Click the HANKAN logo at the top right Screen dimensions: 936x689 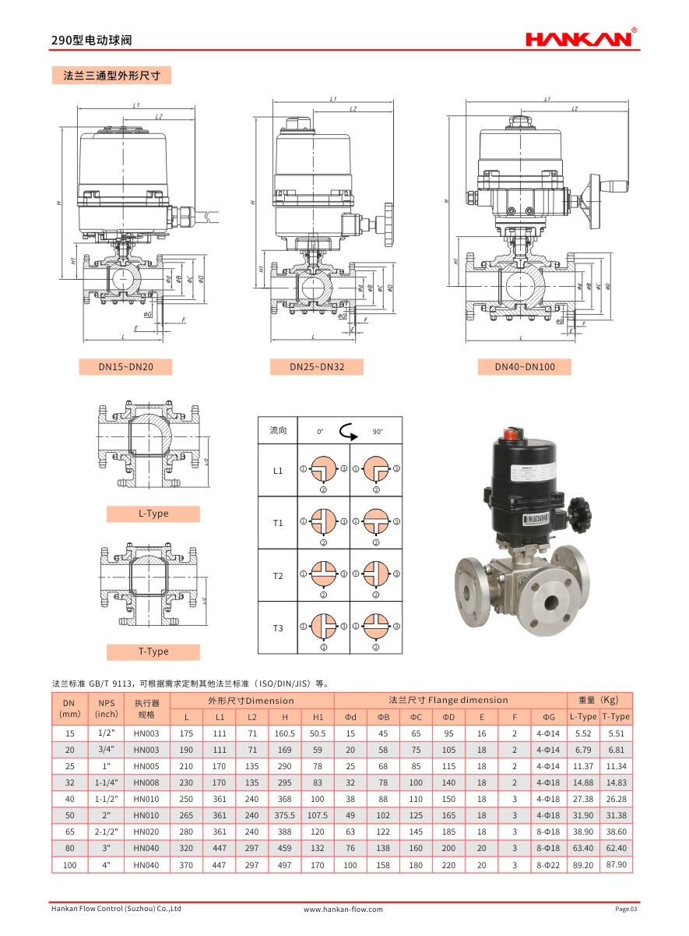[581, 37]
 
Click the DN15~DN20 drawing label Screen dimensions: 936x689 [125, 366]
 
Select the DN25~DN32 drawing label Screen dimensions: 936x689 [316, 366]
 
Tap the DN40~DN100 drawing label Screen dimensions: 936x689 [526, 366]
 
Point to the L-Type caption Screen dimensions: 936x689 [153, 514]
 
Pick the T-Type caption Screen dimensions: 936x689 [153, 652]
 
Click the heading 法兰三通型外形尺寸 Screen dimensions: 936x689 [111, 76]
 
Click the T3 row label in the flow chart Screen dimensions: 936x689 [278, 628]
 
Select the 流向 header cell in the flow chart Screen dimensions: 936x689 [278, 431]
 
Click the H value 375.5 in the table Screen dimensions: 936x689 [285, 815]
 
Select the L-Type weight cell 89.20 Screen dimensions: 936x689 [583, 865]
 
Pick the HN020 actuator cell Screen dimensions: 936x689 [146, 832]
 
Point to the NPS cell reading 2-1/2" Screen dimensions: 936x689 [106, 832]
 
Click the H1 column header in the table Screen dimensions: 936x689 [318, 717]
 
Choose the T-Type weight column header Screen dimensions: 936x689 [616, 717]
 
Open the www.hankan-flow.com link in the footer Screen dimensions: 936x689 [343, 909]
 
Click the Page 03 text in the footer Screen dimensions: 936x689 [626, 909]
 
